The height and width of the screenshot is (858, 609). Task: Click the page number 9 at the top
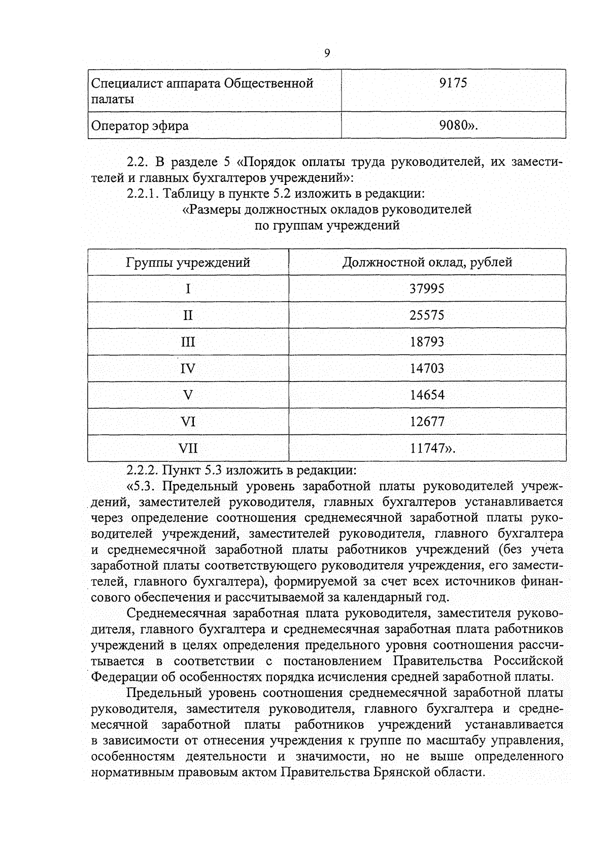click(327, 53)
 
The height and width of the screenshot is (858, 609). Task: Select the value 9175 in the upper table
click(453, 83)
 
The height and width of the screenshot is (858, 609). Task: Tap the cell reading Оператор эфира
click(140, 125)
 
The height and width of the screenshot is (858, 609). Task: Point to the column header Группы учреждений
click(188, 263)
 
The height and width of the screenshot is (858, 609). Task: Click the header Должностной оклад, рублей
click(427, 262)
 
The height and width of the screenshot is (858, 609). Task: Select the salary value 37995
click(427, 289)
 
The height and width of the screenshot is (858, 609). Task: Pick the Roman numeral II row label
click(188, 315)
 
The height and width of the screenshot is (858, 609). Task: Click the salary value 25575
click(427, 315)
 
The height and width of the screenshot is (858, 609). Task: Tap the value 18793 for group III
click(427, 342)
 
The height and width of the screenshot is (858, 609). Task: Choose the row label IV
click(188, 369)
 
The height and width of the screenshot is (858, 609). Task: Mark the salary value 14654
click(427, 395)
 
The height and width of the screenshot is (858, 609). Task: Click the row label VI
click(188, 422)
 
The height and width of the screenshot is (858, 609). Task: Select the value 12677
click(427, 422)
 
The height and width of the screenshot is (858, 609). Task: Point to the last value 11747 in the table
click(428, 449)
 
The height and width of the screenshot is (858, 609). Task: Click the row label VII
click(188, 449)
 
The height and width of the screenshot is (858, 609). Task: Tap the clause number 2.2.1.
click(144, 194)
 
